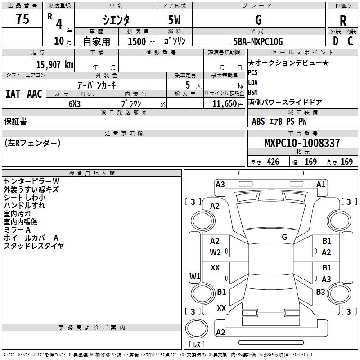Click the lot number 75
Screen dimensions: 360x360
pyautogui.click(x=22, y=19)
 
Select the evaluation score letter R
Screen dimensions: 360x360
pyautogui.click(x=343, y=20)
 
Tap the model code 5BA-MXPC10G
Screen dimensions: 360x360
pyautogui.click(x=258, y=42)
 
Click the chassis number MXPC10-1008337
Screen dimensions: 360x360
pyautogui.click(x=302, y=143)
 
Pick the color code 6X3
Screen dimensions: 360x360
pyautogui.click(x=75, y=103)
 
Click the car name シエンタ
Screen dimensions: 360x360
pyautogui.click(x=116, y=20)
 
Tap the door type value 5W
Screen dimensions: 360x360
pyautogui.click(x=174, y=20)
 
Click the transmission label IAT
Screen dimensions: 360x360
pyautogui.click(x=13, y=94)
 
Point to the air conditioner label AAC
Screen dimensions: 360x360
pyautogui.click(x=35, y=94)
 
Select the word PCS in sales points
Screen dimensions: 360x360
pyautogui.click(x=253, y=72)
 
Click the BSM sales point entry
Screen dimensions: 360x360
pyautogui.click(x=253, y=92)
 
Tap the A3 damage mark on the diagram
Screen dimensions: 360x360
pyautogui.click(x=220, y=184)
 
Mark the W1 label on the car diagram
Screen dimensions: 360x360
pyautogui.click(x=194, y=275)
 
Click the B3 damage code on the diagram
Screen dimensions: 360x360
pyautogui.click(x=320, y=292)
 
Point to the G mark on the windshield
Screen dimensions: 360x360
pyautogui.click(x=284, y=237)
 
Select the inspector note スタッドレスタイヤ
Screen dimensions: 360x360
pyautogui.click(x=34, y=246)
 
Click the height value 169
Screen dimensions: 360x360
pyautogui.click(x=346, y=162)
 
